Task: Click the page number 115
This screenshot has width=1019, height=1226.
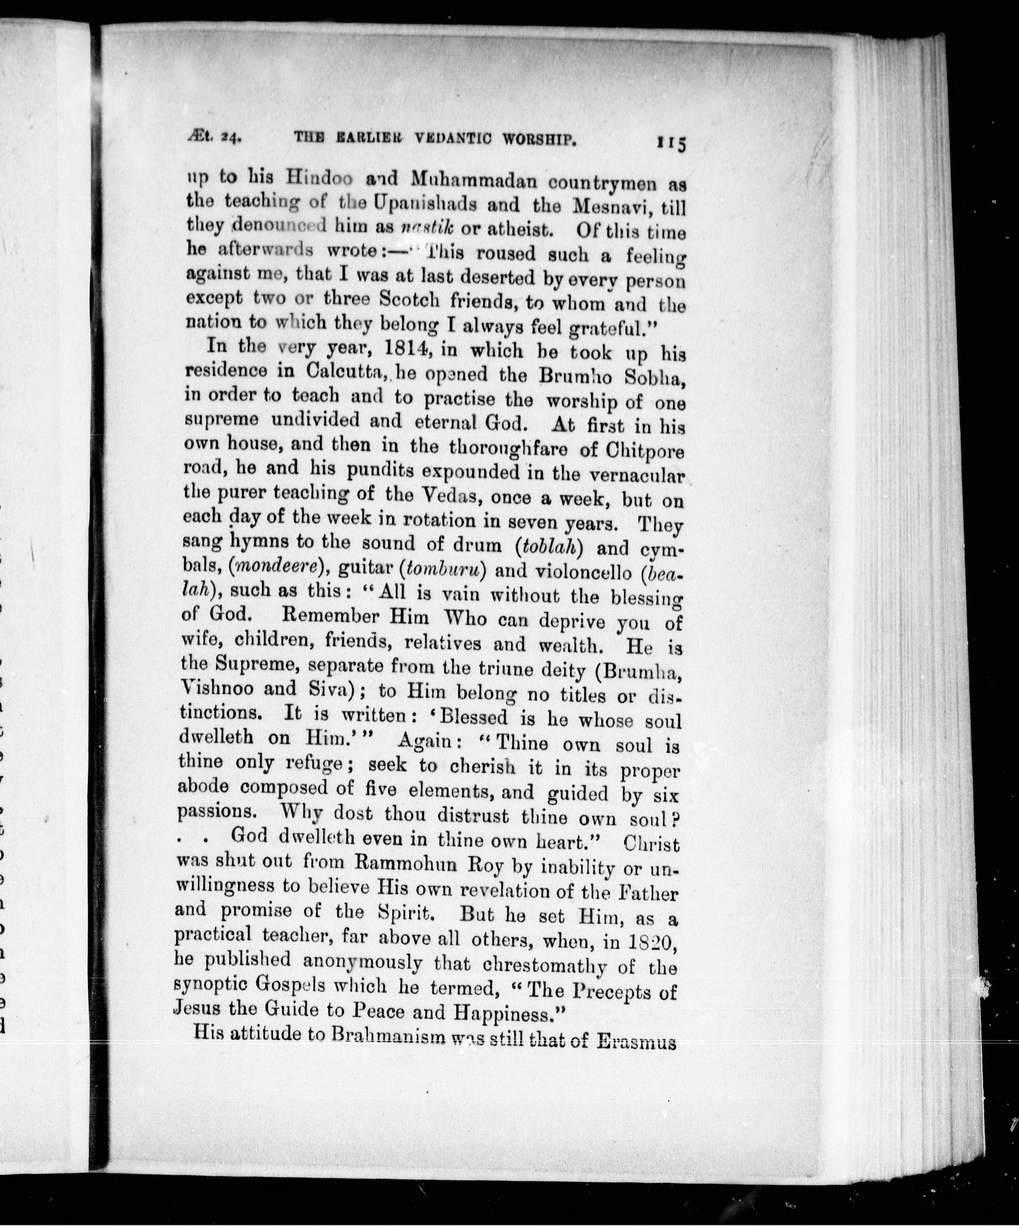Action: pos(671,143)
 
